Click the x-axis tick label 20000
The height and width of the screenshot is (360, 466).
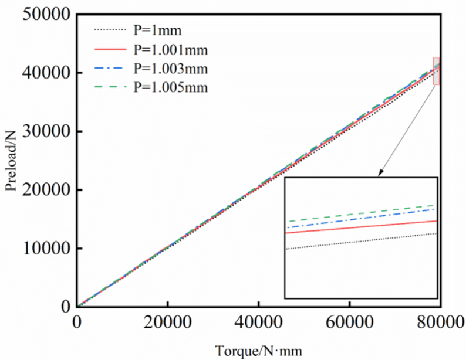point(167,322)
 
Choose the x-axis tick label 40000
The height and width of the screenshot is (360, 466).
point(258,322)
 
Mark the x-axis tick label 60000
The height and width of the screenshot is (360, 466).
point(350,322)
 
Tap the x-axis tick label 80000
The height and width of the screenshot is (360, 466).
point(439,322)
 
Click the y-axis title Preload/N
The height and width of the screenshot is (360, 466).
point(12,159)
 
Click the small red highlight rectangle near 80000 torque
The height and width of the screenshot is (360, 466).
point(436,71)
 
